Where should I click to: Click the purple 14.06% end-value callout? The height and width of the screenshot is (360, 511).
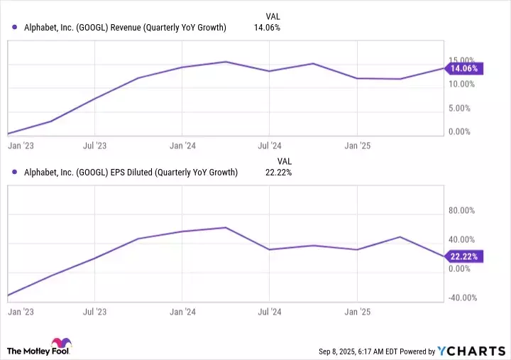(x=464, y=69)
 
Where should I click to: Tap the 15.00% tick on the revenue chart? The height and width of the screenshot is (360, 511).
(x=462, y=60)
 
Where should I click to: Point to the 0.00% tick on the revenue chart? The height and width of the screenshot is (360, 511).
(x=461, y=132)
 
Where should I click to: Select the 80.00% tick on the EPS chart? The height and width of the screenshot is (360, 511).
(x=462, y=210)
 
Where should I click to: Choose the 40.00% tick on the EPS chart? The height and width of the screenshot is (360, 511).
(x=462, y=239)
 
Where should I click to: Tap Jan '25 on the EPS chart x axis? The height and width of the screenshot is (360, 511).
(x=357, y=311)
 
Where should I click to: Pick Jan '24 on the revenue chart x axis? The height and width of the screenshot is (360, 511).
(x=183, y=146)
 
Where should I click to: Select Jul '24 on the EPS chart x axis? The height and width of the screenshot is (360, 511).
(x=270, y=311)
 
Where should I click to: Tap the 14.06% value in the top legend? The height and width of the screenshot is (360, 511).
(x=267, y=28)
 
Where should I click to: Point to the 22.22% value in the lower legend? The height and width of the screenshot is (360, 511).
(x=277, y=173)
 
